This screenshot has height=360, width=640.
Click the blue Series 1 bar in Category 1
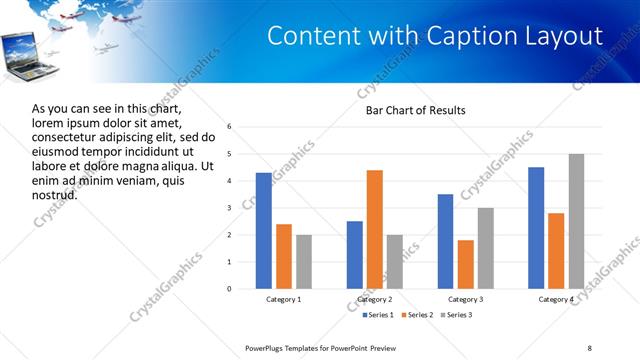click(x=263, y=231)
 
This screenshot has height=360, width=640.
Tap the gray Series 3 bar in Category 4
click(x=576, y=221)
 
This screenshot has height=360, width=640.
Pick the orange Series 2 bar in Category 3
click(x=465, y=264)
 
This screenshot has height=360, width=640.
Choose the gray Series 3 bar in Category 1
click(x=303, y=262)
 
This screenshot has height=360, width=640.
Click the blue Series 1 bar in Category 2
click(x=355, y=255)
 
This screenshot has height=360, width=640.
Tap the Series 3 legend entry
click(x=456, y=315)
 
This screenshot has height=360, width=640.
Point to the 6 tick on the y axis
click(x=230, y=127)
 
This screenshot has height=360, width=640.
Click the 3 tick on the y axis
click(x=230, y=208)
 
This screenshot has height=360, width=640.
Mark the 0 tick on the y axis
click(x=230, y=289)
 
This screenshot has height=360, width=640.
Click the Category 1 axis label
click(x=283, y=300)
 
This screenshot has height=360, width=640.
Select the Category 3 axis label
click(x=465, y=300)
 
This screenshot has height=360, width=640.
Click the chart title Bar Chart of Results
click(x=416, y=110)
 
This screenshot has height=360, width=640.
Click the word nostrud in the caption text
click(x=54, y=196)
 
